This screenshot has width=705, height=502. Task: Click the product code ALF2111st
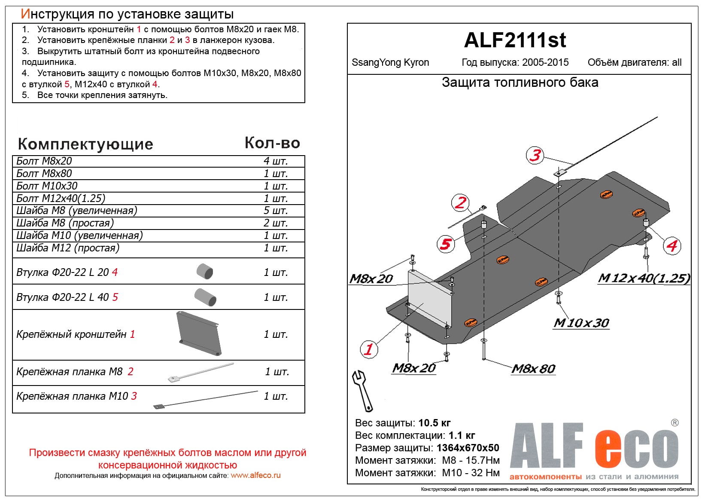click(x=515, y=40)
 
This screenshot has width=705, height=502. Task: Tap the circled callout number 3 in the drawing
click(x=535, y=155)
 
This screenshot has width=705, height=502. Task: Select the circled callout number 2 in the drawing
click(x=461, y=202)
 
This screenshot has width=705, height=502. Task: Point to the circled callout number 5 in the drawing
click(x=446, y=244)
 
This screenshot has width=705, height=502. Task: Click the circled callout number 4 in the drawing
click(x=672, y=246)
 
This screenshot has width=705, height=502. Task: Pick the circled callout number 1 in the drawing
click(x=369, y=349)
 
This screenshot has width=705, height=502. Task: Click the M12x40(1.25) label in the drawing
click(x=644, y=279)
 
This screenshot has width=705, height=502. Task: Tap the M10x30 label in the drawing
click(x=581, y=323)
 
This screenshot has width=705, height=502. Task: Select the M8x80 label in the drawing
click(x=534, y=369)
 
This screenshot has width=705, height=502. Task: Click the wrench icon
click(x=362, y=391)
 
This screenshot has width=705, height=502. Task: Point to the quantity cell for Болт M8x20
click(x=276, y=161)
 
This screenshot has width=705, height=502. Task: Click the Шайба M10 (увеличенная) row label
click(x=79, y=236)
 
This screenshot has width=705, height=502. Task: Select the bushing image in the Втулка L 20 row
click(x=205, y=271)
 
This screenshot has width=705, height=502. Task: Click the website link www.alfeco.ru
click(x=255, y=475)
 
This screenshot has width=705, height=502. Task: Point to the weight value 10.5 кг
click(x=435, y=423)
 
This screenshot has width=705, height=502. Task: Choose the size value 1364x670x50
click(x=468, y=448)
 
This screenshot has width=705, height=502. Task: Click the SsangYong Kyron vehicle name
click(x=390, y=63)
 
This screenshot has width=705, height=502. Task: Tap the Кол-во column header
click(x=272, y=143)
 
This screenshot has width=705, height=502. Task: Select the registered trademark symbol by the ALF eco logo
click(x=675, y=423)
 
